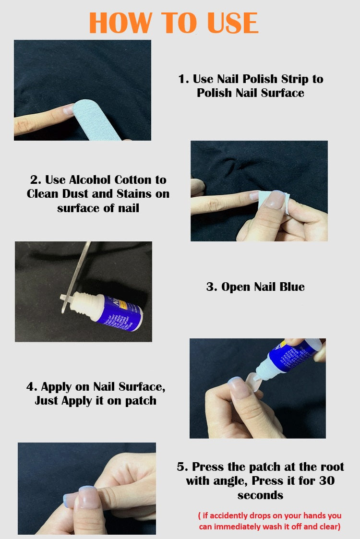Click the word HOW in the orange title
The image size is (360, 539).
[x=120, y=23]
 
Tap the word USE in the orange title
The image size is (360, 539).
[x=232, y=23]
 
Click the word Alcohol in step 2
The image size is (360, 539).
[x=90, y=180]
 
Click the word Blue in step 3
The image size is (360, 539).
[x=292, y=287]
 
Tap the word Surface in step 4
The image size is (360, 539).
[x=141, y=387]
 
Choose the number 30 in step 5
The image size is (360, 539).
[x=327, y=480]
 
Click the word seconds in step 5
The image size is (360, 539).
[x=260, y=495]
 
